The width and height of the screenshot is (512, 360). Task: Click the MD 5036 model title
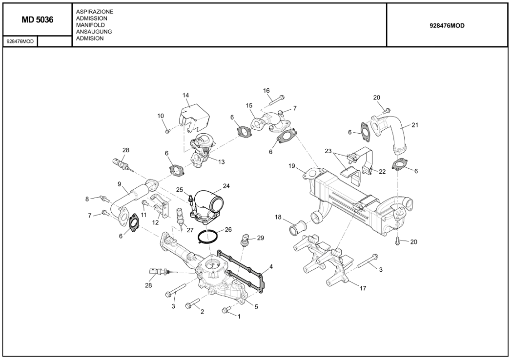click(x=37, y=20)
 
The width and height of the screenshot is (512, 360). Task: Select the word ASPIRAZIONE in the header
click(x=95, y=11)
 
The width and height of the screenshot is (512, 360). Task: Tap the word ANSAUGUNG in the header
click(x=94, y=32)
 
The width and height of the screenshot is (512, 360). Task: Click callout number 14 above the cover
click(x=186, y=95)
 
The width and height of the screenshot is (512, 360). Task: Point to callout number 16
click(x=266, y=90)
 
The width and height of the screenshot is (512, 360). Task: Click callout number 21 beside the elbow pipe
click(x=415, y=125)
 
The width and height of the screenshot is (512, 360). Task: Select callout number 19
click(x=292, y=166)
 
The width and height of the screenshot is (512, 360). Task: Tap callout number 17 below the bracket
click(x=363, y=288)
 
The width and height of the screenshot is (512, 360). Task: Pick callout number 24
click(x=226, y=186)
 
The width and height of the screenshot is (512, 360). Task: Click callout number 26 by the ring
click(x=228, y=229)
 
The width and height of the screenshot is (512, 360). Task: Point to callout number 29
click(x=261, y=238)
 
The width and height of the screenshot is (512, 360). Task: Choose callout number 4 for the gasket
click(x=271, y=266)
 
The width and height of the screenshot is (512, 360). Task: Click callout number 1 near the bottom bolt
click(x=239, y=316)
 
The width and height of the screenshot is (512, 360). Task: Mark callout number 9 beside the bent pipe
click(x=119, y=184)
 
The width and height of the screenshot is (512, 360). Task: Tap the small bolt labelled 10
click(x=167, y=130)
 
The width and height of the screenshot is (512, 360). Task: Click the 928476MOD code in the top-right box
click(x=447, y=26)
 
